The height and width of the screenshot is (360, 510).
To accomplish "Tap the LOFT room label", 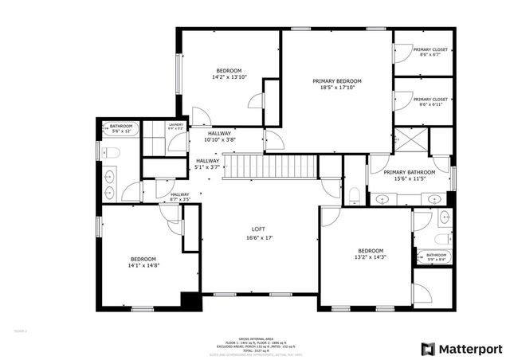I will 260,229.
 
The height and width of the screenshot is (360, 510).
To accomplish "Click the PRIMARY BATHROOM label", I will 410,173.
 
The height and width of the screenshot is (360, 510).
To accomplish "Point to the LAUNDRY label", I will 175,124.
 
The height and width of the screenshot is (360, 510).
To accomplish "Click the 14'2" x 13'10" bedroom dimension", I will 229,78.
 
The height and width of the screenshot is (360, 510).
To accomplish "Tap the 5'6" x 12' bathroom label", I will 121,131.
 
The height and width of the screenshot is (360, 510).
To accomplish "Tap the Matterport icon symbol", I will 428,348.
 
